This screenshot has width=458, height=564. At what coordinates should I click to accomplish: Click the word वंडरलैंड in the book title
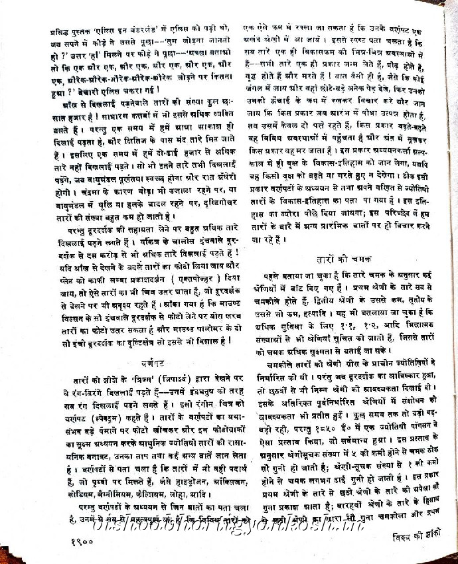coord(149,31)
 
